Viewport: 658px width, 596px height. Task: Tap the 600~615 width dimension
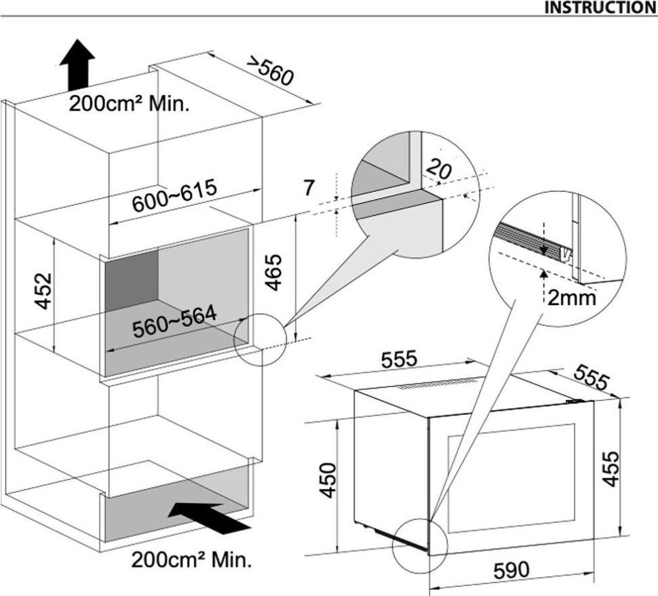174,195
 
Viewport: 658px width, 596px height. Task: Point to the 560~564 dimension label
174,321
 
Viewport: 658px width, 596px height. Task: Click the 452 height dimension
45,291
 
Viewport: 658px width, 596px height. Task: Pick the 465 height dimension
273,272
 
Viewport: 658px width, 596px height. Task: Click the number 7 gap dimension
308,188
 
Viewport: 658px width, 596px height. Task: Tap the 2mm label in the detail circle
571,298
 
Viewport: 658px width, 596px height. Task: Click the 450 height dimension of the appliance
328,479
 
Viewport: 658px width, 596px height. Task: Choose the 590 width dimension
509,570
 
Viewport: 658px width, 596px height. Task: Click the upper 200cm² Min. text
129,105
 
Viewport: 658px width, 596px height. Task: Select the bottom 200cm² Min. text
191,561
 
